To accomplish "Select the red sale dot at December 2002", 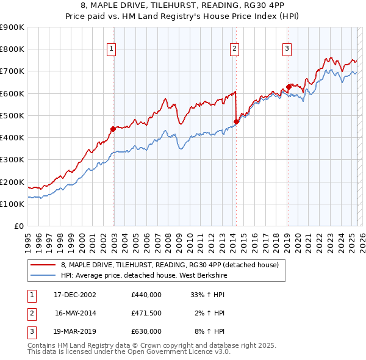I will pyautogui.click(x=113, y=129).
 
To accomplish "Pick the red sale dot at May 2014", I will pyautogui.click(x=236, y=121).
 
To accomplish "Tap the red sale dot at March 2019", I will pyautogui.click(x=288, y=87).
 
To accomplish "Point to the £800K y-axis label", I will pyautogui.click(x=12, y=49).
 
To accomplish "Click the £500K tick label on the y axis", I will pyautogui.click(x=12, y=115).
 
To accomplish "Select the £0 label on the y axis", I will pyautogui.click(x=18, y=226).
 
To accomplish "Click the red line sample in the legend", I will pyautogui.click(x=43, y=265).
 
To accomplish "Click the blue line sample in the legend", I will pyautogui.click(x=43, y=275).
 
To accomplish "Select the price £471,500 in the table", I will pyautogui.click(x=146, y=313).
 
